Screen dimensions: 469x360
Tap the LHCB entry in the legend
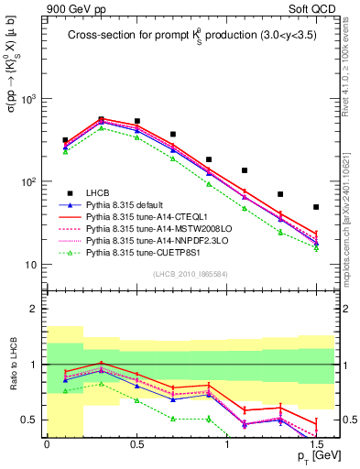pyautogui.click(x=98, y=191)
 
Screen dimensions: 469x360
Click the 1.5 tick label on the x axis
pyautogui.click(x=315, y=442)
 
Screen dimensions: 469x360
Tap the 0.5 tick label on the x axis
pyautogui.click(x=136, y=442)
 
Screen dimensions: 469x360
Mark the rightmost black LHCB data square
pyautogui.click(x=316, y=207)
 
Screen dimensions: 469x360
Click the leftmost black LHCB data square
pyautogui.click(x=65, y=140)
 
